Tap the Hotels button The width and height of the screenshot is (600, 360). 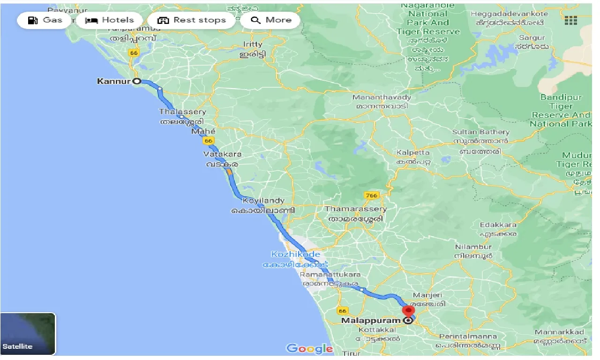(109, 20)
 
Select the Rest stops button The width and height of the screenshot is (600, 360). (191, 20)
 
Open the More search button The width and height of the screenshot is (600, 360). (270, 20)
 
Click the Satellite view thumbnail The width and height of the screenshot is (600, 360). (28, 334)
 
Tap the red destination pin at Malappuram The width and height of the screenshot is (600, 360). (409, 311)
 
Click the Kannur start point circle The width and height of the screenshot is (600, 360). (137, 81)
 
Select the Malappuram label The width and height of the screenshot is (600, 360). (371, 321)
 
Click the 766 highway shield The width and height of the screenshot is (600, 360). (372, 195)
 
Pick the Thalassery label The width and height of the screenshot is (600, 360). (182, 112)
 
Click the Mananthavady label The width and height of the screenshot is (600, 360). (382, 97)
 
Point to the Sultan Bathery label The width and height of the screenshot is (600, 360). (480, 132)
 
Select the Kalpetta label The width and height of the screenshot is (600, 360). (413, 153)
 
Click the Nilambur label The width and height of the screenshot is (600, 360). (473, 247)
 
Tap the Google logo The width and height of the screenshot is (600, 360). (309, 348)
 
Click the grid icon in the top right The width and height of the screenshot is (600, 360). (570, 21)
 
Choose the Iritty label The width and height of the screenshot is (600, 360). (253, 44)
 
